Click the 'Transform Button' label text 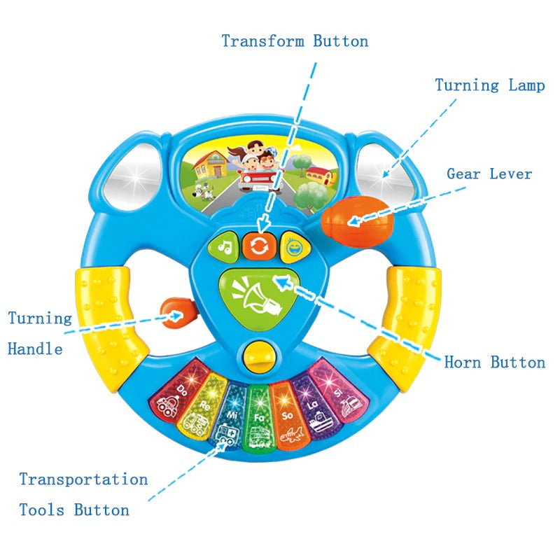tap(295, 41)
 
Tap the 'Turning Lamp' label tap(489, 85)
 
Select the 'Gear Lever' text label tap(489, 174)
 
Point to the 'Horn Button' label tap(494, 362)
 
